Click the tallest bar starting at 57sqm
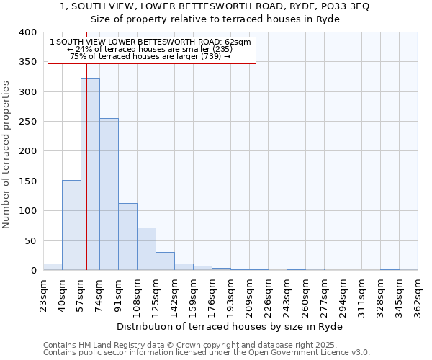click(90, 174)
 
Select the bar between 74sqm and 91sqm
click(109, 194)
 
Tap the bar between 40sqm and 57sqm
click(71, 225)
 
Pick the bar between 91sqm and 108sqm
click(127, 237)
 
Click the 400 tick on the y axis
click(27, 32)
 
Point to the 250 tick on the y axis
click(27, 122)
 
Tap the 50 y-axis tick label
click(30, 240)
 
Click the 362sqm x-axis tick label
click(419, 296)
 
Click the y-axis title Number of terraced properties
click(6, 154)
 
